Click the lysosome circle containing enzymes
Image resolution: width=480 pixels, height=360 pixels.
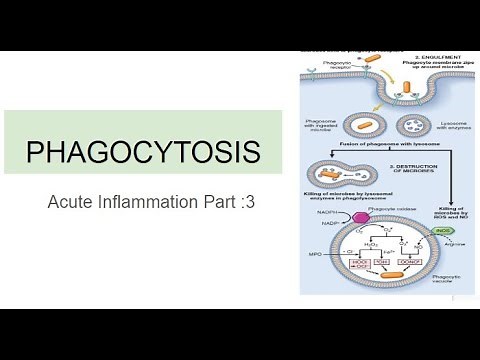[412, 127]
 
